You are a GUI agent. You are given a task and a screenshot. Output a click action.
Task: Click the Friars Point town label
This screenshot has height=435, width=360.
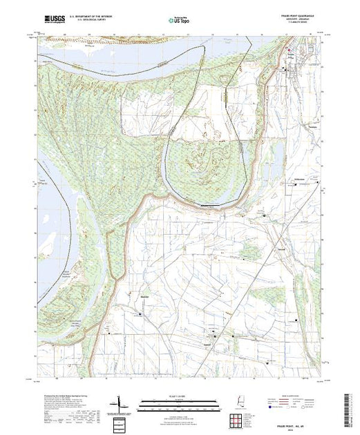(x=292, y=58)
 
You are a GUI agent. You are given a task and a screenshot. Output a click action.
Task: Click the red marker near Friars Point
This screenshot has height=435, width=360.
(x=289, y=50)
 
